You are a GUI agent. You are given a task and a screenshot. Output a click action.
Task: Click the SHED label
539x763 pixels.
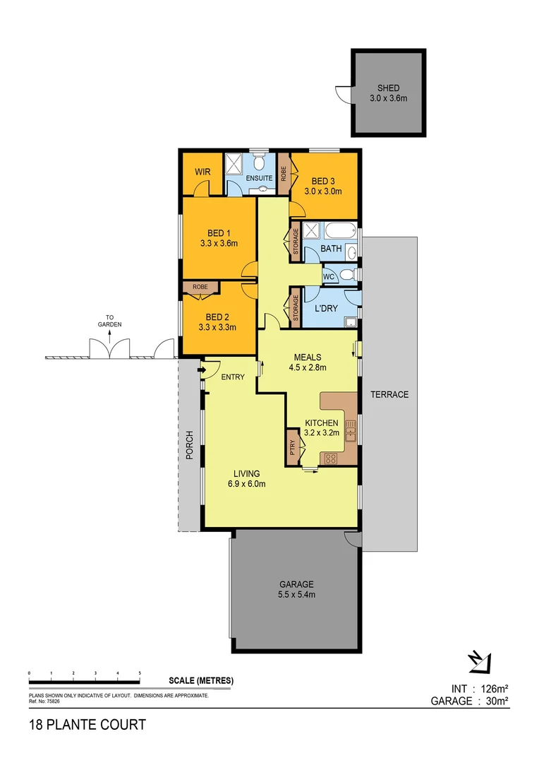pos(388,88)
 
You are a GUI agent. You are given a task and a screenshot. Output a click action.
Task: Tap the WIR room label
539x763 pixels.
pos(203,172)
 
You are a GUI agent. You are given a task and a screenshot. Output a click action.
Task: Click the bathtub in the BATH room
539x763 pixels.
pos(338,230)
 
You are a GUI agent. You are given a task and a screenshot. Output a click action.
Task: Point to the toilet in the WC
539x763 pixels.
pos(346,274)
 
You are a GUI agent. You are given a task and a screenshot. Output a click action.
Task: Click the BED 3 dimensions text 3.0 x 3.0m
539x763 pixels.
pos(323,191)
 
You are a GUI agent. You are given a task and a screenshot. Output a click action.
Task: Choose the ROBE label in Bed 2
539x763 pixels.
pos(200,288)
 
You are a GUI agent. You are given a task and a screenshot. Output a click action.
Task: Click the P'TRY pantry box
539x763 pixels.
pos(292,446)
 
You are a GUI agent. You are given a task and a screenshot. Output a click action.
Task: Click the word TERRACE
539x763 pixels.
pos(389,394)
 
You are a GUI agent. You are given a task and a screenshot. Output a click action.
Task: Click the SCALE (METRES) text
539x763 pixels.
pos(201,681)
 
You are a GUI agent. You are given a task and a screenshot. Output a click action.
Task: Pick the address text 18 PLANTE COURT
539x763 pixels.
pos(87,724)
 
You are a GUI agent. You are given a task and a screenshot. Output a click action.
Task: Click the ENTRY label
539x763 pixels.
pos(233,377)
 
